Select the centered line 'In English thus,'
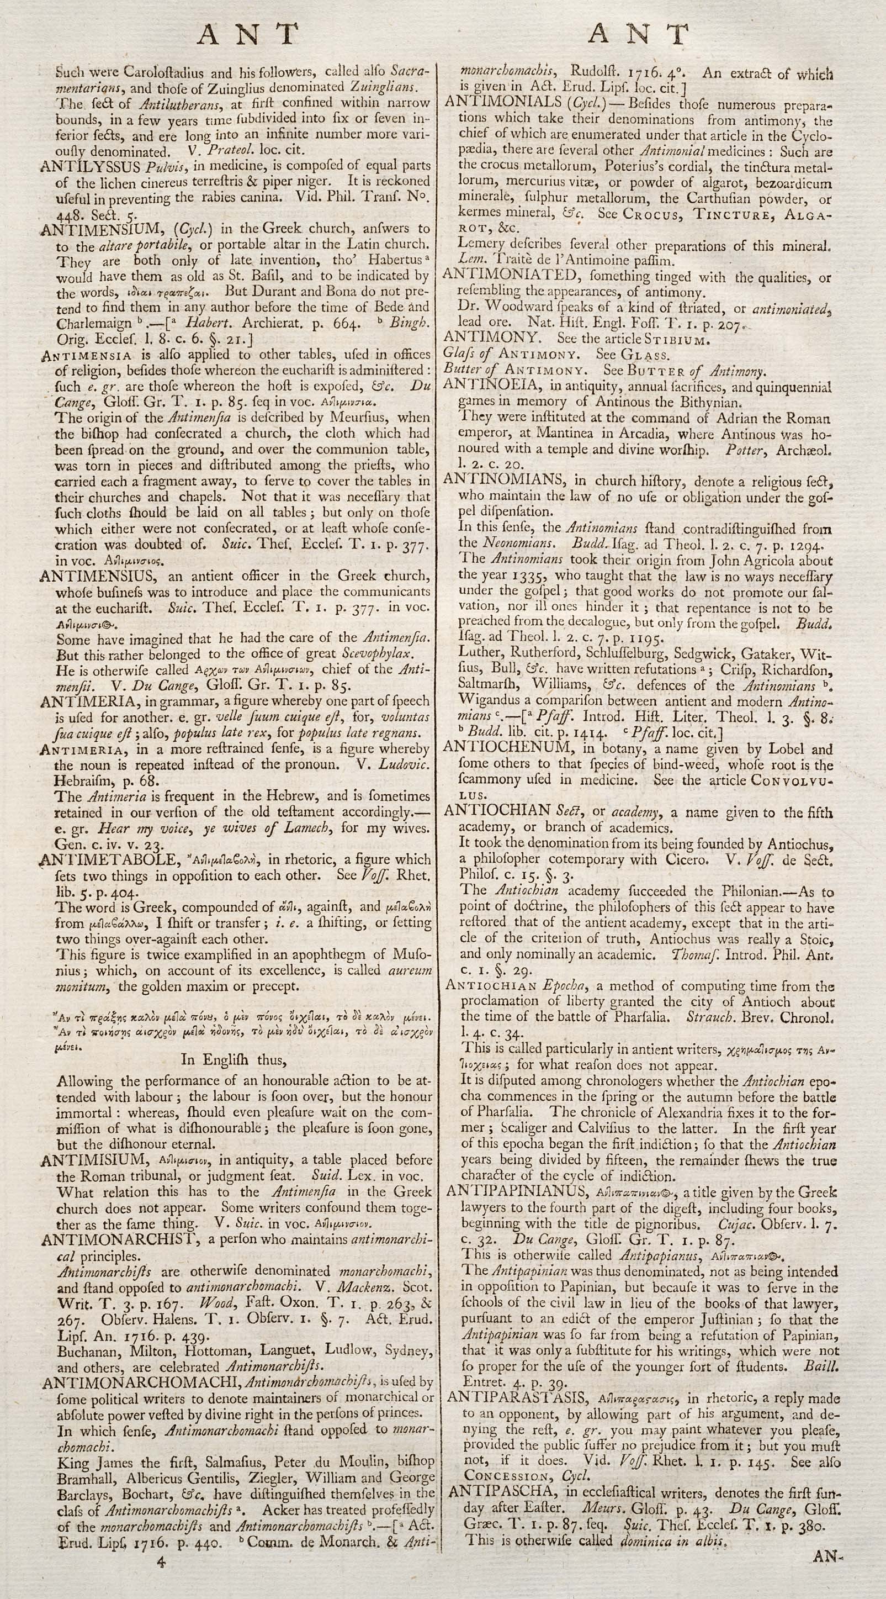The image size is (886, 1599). (232, 1059)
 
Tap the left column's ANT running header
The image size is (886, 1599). (247, 35)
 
